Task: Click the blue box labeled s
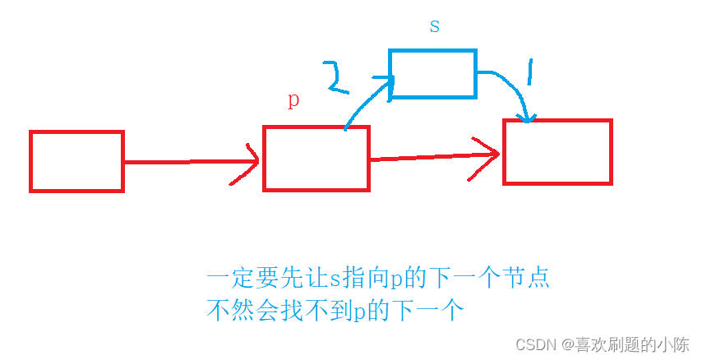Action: [x=432, y=74]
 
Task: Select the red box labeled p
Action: [x=316, y=159]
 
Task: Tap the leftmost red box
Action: [x=76, y=161]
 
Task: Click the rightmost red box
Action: [x=557, y=152]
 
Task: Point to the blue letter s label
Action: [x=435, y=25]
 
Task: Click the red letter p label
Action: [x=293, y=100]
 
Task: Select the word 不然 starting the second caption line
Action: [x=227, y=312]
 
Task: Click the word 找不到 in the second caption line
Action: [x=301, y=312]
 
